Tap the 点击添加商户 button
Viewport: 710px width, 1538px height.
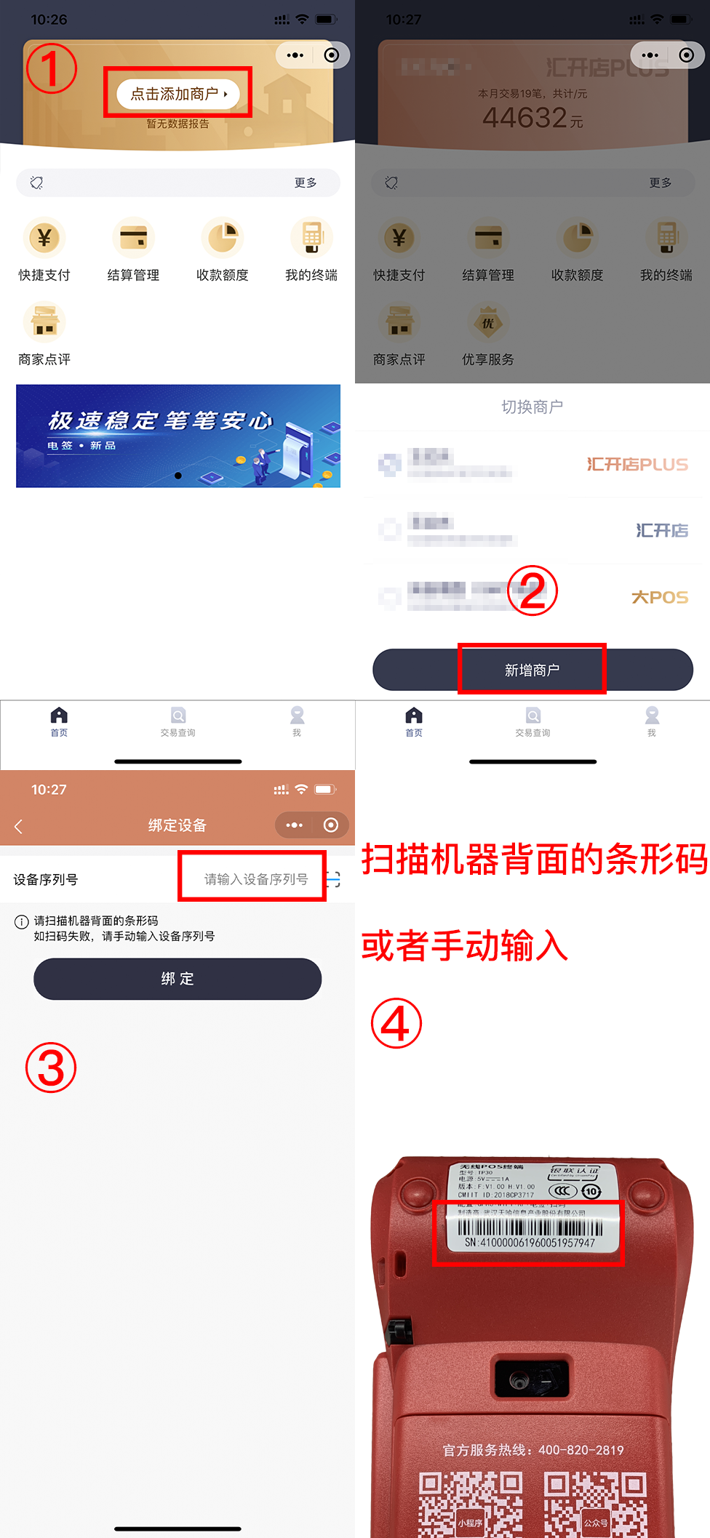(x=177, y=94)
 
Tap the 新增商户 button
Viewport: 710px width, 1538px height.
(x=532, y=670)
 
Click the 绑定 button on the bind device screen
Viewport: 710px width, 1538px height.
(x=177, y=979)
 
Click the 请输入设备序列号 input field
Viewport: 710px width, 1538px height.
(x=255, y=879)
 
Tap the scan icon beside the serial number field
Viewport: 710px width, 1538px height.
(x=334, y=879)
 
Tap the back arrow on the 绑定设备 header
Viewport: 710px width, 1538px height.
(x=19, y=826)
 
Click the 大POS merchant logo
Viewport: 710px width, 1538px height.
(x=659, y=597)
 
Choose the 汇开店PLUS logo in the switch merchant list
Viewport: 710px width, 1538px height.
(x=637, y=464)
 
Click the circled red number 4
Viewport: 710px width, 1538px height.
(x=396, y=1023)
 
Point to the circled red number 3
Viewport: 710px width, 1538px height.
(x=51, y=1068)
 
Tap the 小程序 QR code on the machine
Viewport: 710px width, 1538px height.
(x=470, y=1505)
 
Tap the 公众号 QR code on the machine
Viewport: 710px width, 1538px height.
(x=595, y=1505)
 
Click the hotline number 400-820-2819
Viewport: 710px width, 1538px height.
(x=581, y=1450)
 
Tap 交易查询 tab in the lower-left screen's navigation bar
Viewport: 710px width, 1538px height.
(x=177, y=721)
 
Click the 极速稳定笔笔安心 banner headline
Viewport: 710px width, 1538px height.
(x=160, y=420)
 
